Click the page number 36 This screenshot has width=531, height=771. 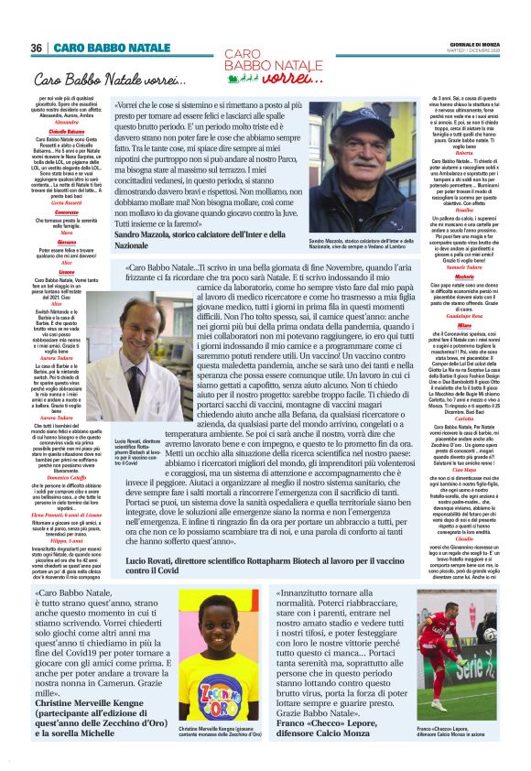pos(36,48)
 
